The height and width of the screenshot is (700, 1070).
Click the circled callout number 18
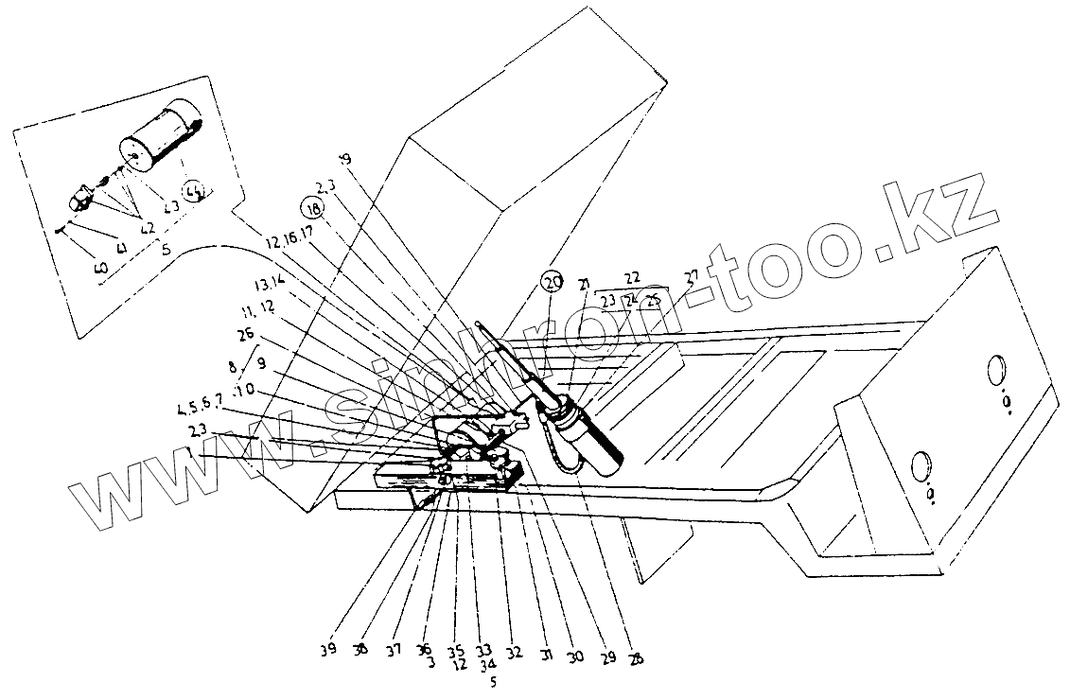tap(312, 207)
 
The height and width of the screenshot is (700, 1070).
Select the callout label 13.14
tap(270, 283)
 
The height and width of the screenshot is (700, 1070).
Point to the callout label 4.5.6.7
tap(201, 410)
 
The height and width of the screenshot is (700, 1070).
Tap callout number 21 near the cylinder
tap(584, 285)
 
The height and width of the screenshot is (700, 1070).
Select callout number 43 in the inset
tap(171, 208)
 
